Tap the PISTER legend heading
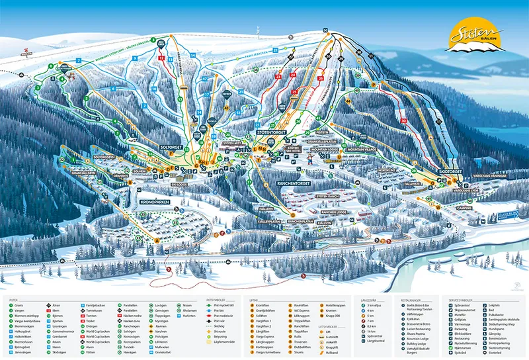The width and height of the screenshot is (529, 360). click(13, 299)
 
